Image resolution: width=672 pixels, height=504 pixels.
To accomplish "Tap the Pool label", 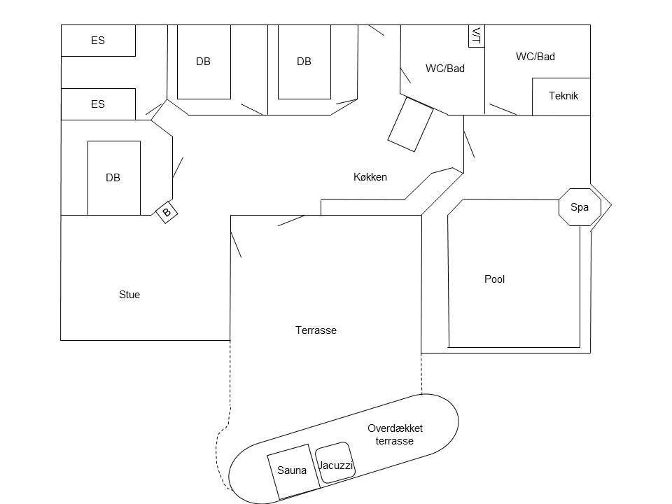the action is pos(494,279).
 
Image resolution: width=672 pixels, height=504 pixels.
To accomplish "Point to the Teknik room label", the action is pos(563,96).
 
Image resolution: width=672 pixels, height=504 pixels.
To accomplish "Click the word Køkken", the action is pos(370,177).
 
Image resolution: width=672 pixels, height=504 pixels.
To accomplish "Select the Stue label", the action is pos(129,295).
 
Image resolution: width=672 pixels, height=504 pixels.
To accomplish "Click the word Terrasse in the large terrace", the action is pos(316,330).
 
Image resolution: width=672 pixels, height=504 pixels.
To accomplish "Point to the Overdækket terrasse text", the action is pos(395,434).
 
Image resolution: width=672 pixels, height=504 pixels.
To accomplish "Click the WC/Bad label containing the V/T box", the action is pos(445,68).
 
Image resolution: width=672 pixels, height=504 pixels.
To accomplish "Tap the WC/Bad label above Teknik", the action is pos(535,56).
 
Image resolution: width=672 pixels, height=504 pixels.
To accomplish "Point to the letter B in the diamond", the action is pos(167,211).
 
